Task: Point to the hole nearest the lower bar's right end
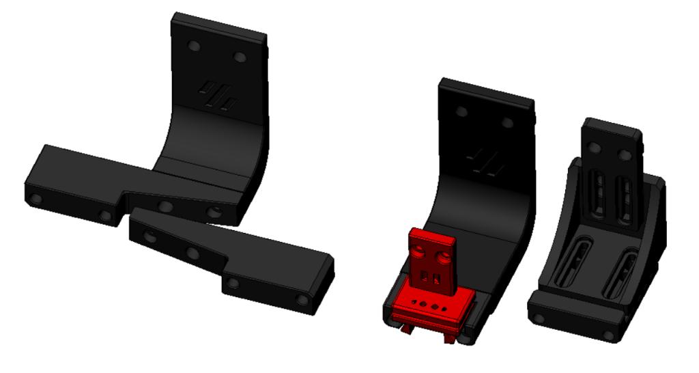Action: coord(301,300)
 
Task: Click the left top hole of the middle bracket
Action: coord(462,111)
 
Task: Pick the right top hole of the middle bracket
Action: coord(507,123)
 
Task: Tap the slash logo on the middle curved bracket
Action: coord(487,162)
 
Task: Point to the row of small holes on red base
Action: coord(430,305)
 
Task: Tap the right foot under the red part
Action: coord(451,337)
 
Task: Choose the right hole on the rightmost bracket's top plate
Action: coord(625,156)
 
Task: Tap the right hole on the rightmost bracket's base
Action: coord(608,335)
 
